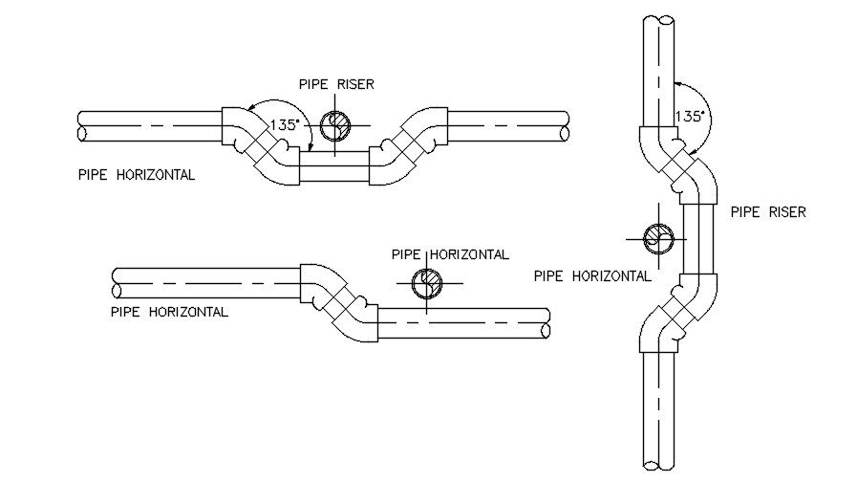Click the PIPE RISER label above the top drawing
334,84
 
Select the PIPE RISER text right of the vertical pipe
768,212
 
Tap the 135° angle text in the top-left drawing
283,124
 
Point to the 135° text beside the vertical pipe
690,116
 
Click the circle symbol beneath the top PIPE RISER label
335,125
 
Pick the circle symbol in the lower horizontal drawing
425,283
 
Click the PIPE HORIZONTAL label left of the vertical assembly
592,275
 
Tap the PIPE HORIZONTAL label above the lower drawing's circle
450,254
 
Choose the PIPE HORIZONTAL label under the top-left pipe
138,175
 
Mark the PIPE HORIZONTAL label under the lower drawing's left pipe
169,312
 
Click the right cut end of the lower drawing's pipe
546,324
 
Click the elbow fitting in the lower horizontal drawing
340,300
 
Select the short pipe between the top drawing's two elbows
334,167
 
